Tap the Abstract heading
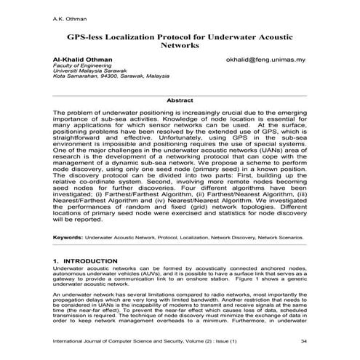180,100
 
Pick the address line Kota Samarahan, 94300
87,79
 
